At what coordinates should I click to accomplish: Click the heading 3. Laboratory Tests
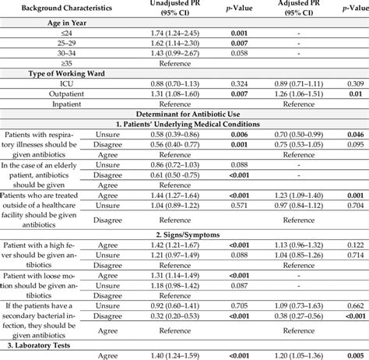pyautogui.click(x=47, y=347)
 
